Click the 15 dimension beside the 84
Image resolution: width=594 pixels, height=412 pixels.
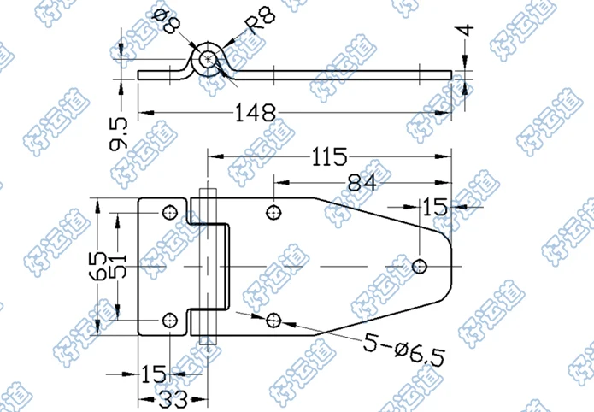click(x=433, y=206)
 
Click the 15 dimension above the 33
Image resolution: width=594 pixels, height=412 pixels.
click(x=155, y=374)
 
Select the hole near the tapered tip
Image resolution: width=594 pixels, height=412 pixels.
click(x=419, y=266)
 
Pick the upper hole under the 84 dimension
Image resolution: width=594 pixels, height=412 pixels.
click(x=273, y=212)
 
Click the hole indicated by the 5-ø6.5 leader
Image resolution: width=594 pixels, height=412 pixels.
click(x=273, y=321)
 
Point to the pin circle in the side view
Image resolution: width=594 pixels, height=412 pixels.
click(x=207, y=61)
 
